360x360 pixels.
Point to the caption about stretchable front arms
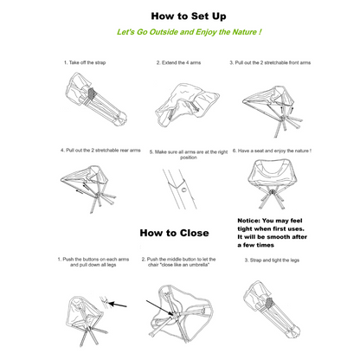(281, 63)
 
